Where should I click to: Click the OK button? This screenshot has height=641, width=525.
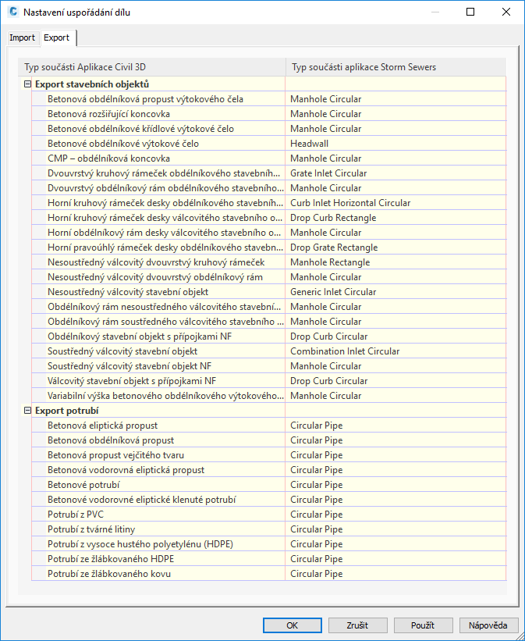point(293,625)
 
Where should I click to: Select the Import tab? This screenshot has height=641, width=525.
point(22,37)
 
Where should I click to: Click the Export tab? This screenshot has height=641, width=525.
point(57,37)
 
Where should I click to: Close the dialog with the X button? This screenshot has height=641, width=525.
point(505,12)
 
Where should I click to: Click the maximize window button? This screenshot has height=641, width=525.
point(470,12)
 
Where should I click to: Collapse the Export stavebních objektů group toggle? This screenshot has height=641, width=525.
point(27,84)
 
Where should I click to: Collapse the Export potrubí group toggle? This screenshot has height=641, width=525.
point(27,411)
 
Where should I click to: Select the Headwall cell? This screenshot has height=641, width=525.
point(310,144)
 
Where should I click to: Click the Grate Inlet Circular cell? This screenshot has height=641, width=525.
point(328,173)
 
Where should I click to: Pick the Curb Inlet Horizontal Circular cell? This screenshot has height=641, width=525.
point(350,203)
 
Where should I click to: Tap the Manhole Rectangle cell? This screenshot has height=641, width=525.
point(330,262)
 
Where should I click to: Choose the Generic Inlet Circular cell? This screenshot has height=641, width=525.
point(333,292)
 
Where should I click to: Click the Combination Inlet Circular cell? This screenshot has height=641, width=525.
point(345,351)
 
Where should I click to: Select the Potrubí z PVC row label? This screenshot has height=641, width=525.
point(75,515)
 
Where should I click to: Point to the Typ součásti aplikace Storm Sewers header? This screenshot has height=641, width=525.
point(363,67)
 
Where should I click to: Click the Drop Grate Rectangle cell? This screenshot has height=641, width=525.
point(334,247)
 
